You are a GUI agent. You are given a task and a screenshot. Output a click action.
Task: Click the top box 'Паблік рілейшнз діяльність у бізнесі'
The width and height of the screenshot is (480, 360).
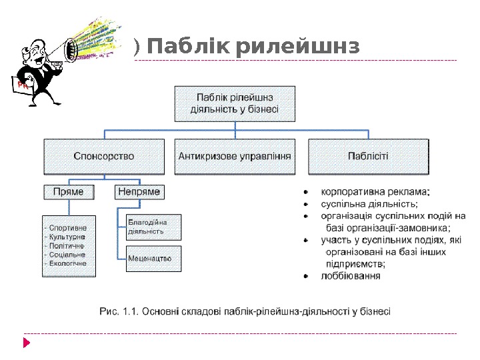[235, 103]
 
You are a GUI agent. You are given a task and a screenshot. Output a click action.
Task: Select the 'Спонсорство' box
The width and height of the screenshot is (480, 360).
[103, 156]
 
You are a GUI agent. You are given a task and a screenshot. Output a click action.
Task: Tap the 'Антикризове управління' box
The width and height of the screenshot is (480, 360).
[235, 156]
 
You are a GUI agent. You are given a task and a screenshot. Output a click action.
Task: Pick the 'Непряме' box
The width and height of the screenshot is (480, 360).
[139, 191]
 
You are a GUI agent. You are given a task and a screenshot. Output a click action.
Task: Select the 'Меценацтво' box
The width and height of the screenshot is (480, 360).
[153, 258]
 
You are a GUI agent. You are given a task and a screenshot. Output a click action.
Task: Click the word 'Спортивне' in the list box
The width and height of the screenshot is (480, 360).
[68, 228]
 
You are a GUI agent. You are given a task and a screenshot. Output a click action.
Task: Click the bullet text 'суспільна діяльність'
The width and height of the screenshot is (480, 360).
[369, 203]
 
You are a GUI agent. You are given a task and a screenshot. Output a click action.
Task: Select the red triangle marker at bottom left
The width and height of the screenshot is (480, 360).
[27, 343]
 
